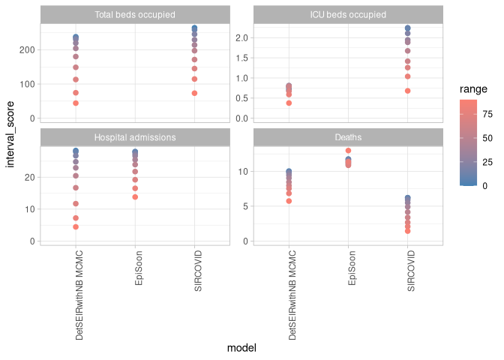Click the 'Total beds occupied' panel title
pyautogui.click(x=135, y=15)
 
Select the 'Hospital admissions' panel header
pyautogui.click(x=135, y=137)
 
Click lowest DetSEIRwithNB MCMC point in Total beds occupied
pyautogui.click(x=76, y=103)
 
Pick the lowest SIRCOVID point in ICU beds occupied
pyautogui.click(x=407, y=91)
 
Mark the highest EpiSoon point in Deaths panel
pyautogui.click(x=348, y=151)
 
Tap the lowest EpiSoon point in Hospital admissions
pyautogui.click(x=135, y=197)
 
